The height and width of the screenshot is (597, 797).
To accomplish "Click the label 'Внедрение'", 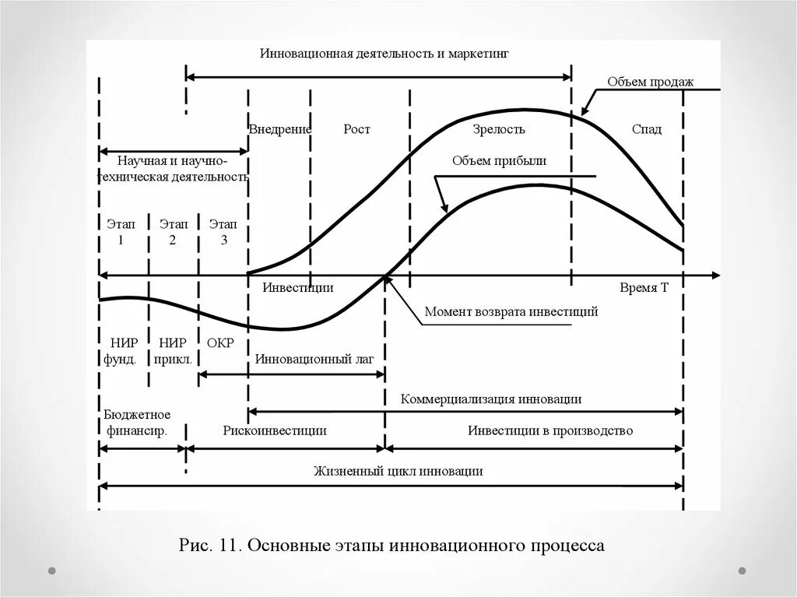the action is click(280, 129).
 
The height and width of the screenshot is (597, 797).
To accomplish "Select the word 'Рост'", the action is click(356, 129).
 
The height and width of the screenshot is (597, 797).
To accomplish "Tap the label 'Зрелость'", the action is click(499, 129).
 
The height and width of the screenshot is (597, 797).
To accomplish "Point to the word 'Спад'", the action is click(647, 129).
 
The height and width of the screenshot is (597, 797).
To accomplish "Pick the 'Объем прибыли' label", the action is click(499, 161).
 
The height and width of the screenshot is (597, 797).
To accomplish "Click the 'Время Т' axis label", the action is click(644, 287).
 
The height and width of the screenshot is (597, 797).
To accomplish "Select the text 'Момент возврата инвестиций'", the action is click(511, 312).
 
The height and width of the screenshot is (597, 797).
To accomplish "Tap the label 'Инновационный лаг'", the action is click(315, 360).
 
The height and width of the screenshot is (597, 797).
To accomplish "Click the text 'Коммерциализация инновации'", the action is click(491, 399).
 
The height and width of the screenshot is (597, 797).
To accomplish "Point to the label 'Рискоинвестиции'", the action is click(274, 430).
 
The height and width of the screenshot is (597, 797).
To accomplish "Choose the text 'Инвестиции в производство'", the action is click(550, 430).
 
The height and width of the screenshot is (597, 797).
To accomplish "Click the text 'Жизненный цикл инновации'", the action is click(398, 471).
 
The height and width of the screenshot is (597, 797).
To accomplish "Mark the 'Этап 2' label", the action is click(172, 232).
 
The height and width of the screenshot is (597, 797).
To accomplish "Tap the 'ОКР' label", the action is click(221, 343).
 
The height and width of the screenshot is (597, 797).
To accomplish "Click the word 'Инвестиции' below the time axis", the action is click(297, 287).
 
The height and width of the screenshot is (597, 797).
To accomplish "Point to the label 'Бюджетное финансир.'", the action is click(136, 423).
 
